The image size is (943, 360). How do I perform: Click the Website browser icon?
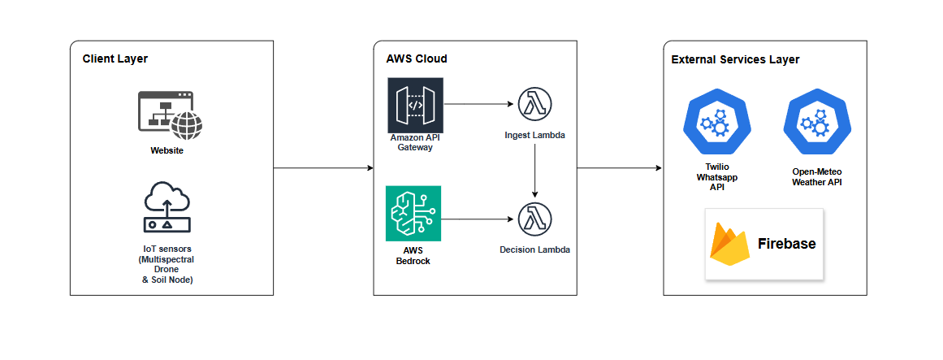[171, 115]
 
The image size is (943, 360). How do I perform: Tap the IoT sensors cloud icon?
[167, 206]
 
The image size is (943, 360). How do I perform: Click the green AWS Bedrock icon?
[413, 213]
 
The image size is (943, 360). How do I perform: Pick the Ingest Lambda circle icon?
[534, 104]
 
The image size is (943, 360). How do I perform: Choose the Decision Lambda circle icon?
[534, 220]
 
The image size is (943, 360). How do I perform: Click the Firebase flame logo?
[729, 244]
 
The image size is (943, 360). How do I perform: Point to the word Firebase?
[786, 244]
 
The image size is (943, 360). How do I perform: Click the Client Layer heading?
[115, 59]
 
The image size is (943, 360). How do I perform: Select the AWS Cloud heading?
[416, 59]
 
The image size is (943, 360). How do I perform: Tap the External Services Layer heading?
[736, 59]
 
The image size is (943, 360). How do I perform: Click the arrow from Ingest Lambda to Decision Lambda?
[534, 171]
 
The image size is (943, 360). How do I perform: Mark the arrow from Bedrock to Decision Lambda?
[479, 219]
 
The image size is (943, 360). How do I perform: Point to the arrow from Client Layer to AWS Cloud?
[323, 168]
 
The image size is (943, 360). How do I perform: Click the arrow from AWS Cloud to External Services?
[620, 168]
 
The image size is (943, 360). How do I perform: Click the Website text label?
[167, 150]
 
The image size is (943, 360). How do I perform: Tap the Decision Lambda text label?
[534, 249]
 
